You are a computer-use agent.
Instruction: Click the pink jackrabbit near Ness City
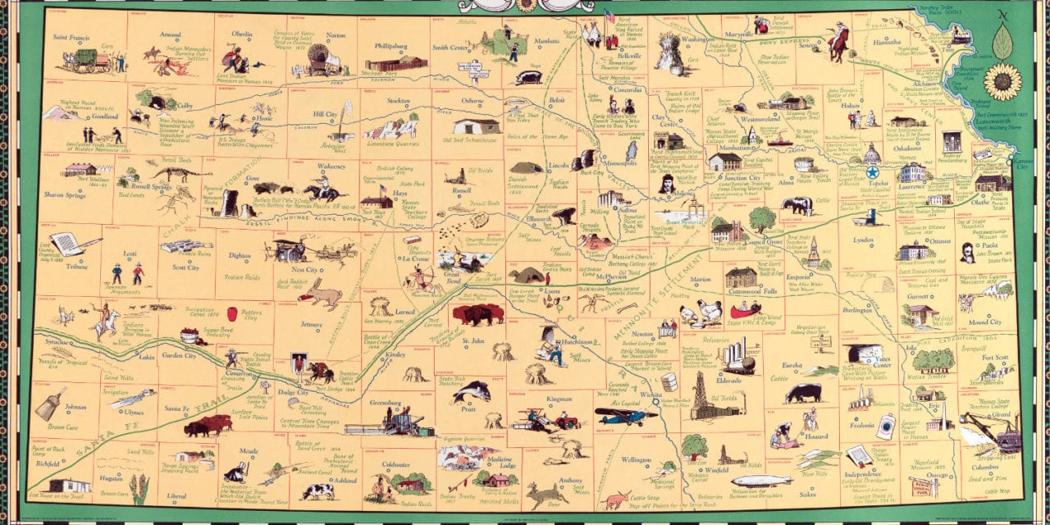click(319, 293)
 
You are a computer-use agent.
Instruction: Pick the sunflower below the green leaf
click(1002, 82)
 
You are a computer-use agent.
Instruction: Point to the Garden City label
click(178, 356)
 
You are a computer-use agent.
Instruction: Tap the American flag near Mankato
click(609, 16)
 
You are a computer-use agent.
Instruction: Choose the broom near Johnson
click(49, 404)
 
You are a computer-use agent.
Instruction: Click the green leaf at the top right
click(1002, 40)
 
